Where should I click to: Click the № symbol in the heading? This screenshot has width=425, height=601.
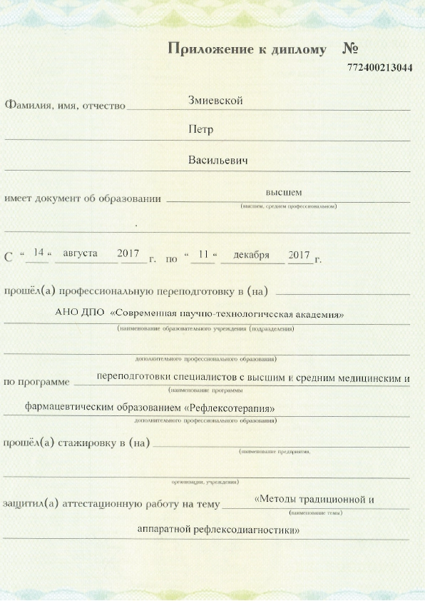pos(349,49)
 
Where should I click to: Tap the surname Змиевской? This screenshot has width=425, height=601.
pos(215,101)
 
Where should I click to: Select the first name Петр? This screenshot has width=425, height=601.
pos(201,130)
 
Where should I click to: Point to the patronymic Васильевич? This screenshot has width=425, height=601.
pos(217,160)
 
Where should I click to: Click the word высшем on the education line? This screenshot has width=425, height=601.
pos(284,193)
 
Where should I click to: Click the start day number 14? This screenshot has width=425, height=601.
pos(39,253)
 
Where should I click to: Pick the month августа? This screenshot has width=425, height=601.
pos(81,253)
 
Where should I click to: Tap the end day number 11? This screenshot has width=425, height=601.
pos(203,254)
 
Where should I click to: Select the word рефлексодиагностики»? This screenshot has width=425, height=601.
pos(255,530)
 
